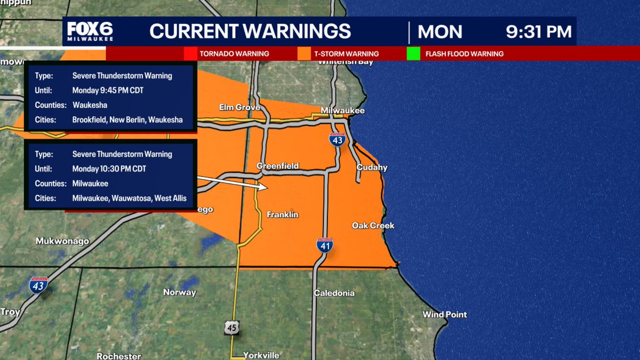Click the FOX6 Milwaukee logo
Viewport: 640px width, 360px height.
(90, 33)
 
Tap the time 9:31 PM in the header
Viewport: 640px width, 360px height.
(539, 31)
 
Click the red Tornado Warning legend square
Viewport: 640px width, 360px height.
(190, 54)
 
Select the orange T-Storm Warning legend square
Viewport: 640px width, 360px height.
(305, 54)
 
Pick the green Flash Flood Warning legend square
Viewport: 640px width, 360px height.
(413, 54)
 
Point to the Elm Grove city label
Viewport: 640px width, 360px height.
(239, 108)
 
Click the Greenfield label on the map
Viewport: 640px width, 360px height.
(277, 166)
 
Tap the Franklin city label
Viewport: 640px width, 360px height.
(282, 214)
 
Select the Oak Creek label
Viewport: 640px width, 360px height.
(373, 226)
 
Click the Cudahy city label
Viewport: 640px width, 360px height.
(372, 167)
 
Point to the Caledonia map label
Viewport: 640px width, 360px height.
(334, 293)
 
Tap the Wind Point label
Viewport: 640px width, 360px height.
(444, 315)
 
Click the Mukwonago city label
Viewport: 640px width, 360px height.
(62, 241)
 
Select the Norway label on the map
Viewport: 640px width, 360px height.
(180, 292)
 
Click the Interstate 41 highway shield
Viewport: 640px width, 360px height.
(325, 245)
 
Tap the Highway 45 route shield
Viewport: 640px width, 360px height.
(231, 327)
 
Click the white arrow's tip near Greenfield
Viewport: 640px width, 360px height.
(266, 187)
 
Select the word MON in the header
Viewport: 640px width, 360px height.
(439, 32)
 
